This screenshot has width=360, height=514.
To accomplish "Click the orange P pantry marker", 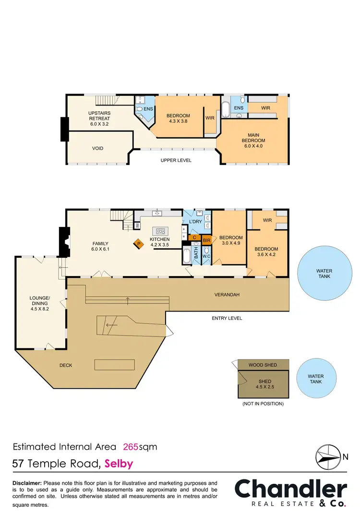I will click(x=138, y=244).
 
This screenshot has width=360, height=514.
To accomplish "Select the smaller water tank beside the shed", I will click(x=315, y=379).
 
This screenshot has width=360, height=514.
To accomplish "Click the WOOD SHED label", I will click(x=263, y=365).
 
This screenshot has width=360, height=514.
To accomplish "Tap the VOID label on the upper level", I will click(x=97, y=148).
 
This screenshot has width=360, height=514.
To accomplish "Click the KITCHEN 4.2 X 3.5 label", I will click(x=159, y=241).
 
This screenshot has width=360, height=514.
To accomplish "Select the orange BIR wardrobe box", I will click(x=207, y=239).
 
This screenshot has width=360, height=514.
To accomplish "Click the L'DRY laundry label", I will click(x=195, y=222).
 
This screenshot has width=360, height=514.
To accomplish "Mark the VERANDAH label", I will click(x=227, y=295).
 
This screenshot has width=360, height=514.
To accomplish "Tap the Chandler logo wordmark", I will click(x=290, y=490).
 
